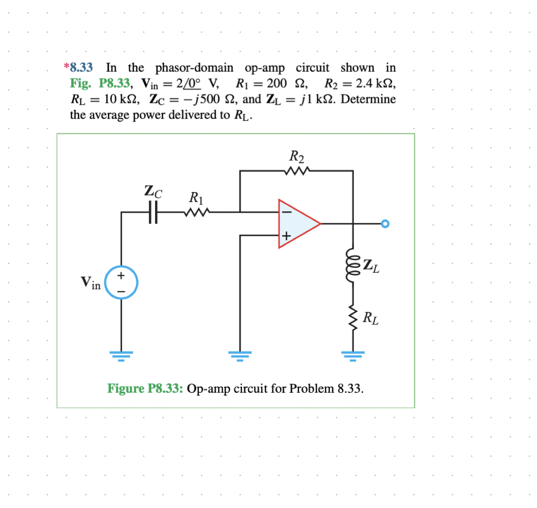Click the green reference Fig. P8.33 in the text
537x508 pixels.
click(101, 83)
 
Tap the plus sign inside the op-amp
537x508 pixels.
click(286, 236)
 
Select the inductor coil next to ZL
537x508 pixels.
click(352, 263)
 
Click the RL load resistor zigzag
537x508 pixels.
click(352, 319)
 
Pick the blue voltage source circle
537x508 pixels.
click(121, 282)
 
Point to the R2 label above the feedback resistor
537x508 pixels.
click(296, 156)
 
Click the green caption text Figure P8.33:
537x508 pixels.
click(145, 389)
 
